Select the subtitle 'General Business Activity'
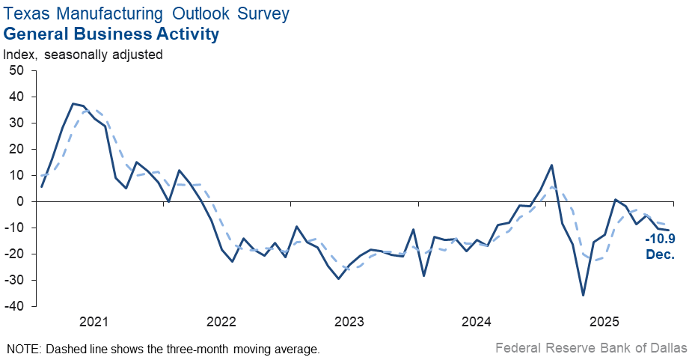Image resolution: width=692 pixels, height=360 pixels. pyautogui.click(x=111, y=34)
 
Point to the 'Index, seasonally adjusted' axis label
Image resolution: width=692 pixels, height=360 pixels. pyautogui.click(x=83, y=55)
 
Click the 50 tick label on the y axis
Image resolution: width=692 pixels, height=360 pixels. pyautogui.click(x=16, y=70)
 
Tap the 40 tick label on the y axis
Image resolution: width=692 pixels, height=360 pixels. pyautogui.click(x=16, y=97)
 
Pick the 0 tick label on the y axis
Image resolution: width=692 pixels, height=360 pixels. pyautogui.click(x=21, y=201)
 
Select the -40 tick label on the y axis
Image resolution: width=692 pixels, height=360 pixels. pyautogui.click(x=14, y=306)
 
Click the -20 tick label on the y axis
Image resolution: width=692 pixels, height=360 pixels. pyautogui.click(x=14, y=254)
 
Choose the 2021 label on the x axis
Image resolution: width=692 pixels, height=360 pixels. pyautogui.click(x=94, y=322)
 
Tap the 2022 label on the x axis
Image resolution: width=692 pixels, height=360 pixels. pyautogui.click(x=221, y=322)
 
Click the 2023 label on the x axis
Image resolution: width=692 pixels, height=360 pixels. pyautogui.click(x=349, y=322)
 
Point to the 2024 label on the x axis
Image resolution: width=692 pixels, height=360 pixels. pyautogui.click(x=477, y=322)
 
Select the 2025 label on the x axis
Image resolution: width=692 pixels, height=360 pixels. pyautogui.click(x=604, y=322)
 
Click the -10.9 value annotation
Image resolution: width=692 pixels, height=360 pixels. pyautogui.click(x=661, y=240)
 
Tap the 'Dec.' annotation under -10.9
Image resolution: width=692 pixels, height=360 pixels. pyautogui.click(x=661, y=254)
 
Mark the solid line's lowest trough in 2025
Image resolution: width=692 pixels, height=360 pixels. pyautogui.click(x=584, y=295)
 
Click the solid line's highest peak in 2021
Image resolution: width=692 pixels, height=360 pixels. pyautogui.click(x=73, y=103)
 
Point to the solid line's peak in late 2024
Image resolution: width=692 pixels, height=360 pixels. pyautogui.click(x=551, y=165)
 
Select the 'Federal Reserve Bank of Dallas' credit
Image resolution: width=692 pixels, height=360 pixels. pyautogui.click(x=591, y=348)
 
